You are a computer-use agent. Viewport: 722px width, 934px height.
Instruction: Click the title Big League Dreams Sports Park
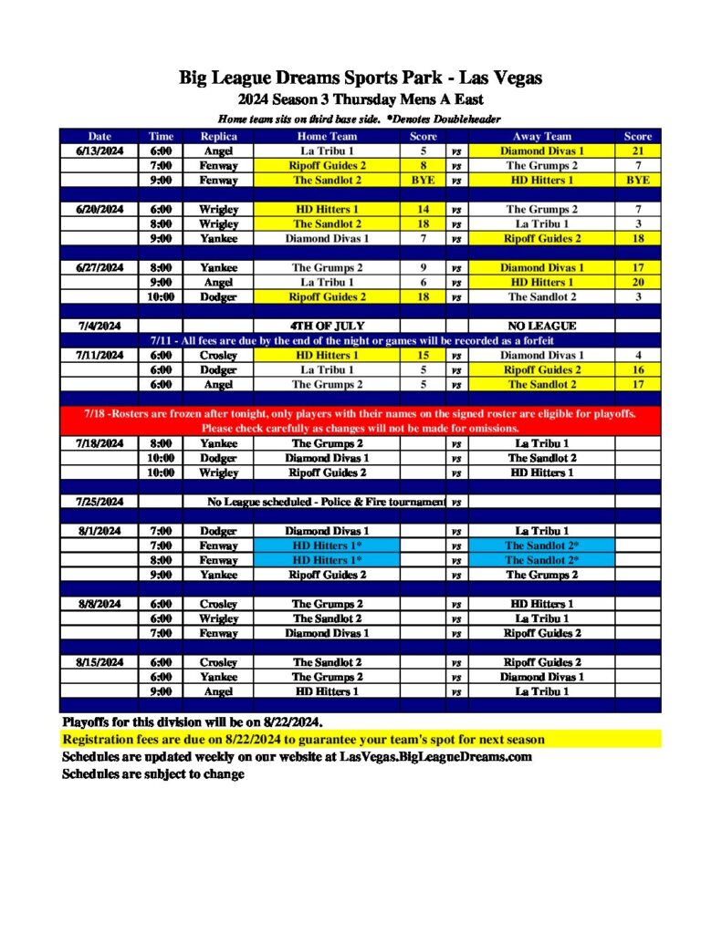[361, 78]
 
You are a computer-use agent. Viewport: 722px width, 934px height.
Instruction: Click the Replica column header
[218, 136]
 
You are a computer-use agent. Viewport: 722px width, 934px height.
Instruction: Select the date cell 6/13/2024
[99, 150]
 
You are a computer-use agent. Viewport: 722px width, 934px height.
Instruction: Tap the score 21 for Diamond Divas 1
[637, 150]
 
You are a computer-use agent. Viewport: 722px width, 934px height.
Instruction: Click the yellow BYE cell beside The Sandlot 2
[423, 180]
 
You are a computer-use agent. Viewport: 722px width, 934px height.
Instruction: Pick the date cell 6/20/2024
[99, 209]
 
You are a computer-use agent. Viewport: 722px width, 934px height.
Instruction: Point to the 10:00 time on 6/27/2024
[161, 296]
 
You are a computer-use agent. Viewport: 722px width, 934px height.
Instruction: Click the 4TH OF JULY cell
[327, 326]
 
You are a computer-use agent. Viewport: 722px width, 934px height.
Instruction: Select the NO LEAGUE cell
[540, 326]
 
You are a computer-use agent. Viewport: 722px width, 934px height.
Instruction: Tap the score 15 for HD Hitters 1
[423, 355]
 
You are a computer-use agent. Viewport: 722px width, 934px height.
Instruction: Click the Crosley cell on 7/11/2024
[218, 355]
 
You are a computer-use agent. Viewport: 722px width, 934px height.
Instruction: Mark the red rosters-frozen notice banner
[360, 420]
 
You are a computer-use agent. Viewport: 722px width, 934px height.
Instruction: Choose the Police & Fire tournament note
[327, 502]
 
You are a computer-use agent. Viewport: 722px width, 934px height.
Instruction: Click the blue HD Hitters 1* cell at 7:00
[327, 545]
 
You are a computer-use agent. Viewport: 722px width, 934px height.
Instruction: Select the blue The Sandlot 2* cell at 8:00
[540, 560]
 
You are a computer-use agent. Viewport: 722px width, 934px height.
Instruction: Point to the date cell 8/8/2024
[99, 604]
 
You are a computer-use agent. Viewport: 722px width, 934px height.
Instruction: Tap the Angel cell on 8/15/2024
[218, 691]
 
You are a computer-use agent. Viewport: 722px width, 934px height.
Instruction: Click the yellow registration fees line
[303, 739]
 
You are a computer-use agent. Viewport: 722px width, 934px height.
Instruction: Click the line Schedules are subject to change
[152, 774]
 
